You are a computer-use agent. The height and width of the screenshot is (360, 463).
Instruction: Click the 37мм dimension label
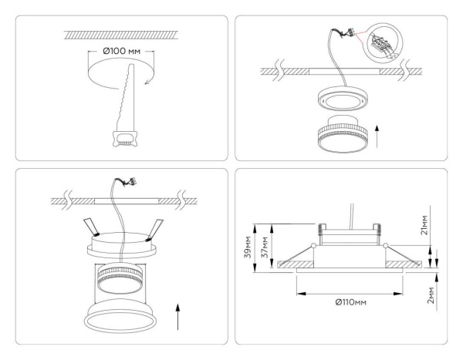[x=265, y=246]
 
